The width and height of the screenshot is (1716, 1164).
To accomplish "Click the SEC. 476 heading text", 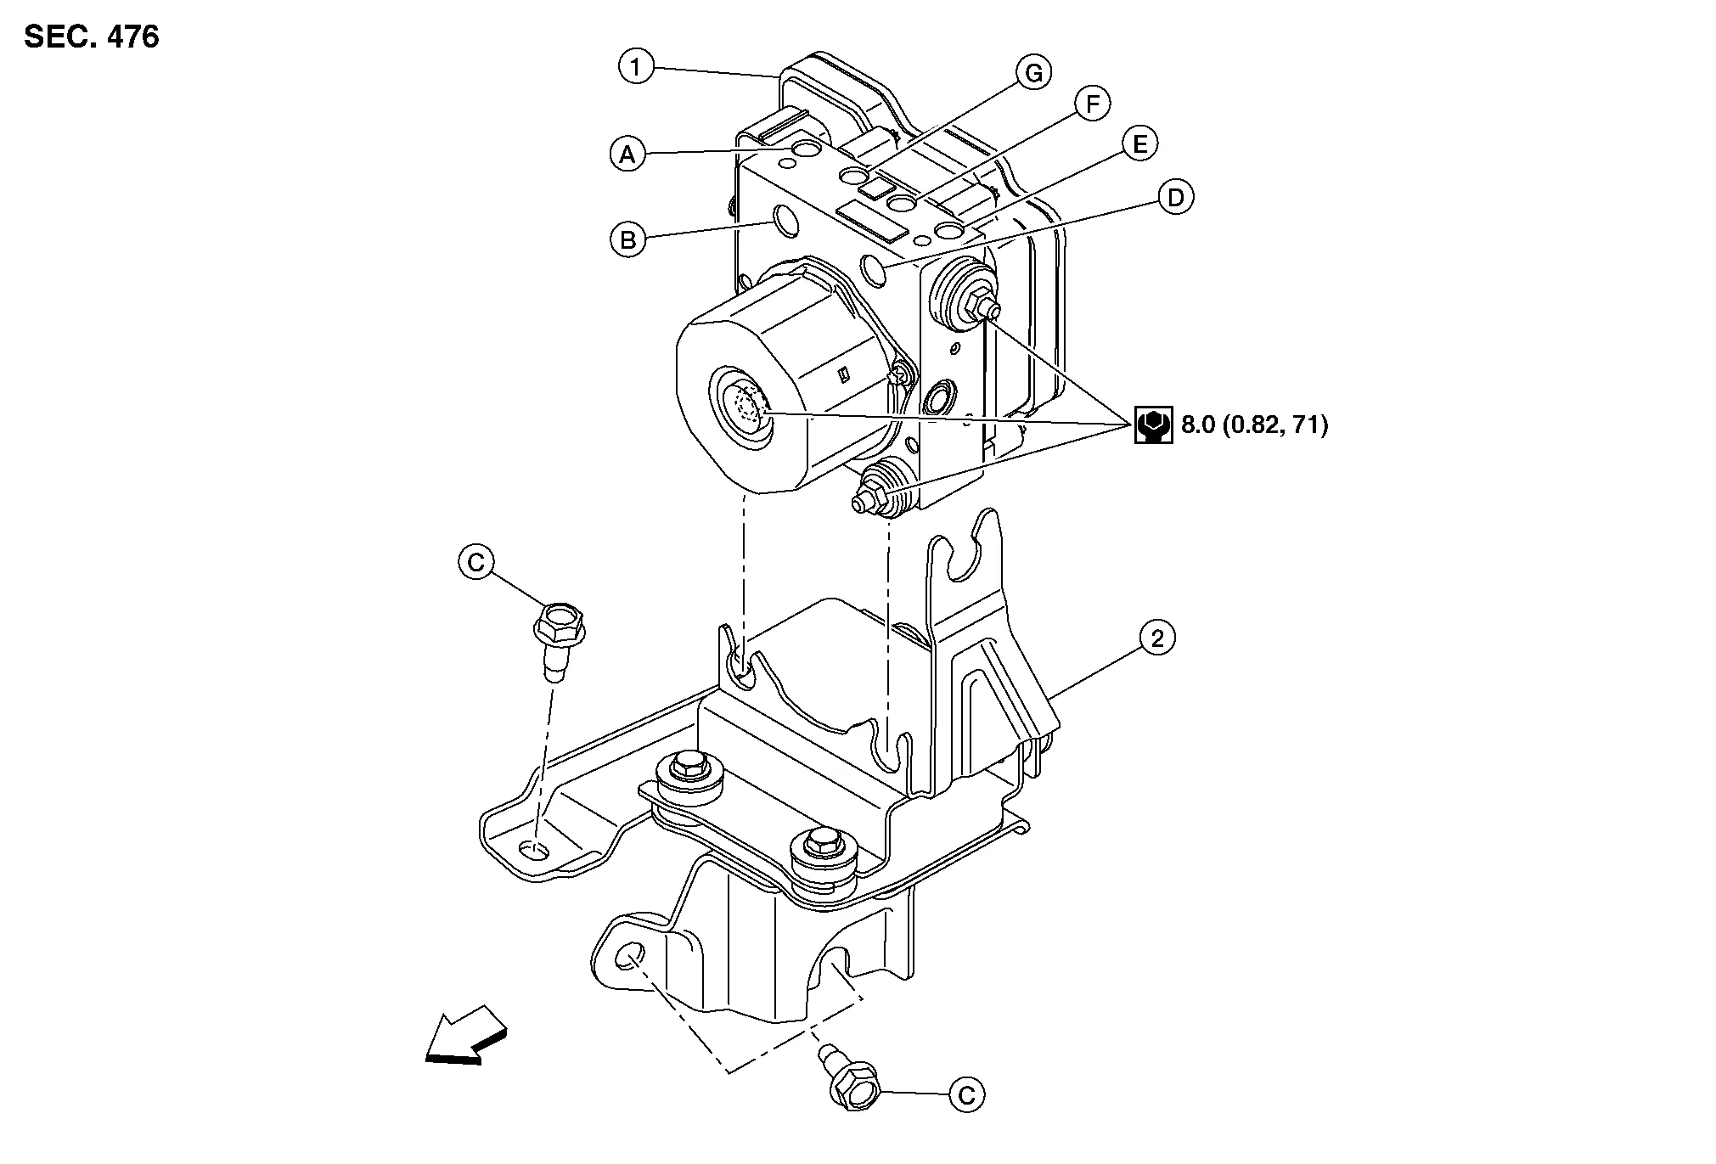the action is [x=92, y=37].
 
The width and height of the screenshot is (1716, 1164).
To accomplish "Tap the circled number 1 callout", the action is [x=636, y=65].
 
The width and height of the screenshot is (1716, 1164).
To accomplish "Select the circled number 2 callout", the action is [x=1157, y=638].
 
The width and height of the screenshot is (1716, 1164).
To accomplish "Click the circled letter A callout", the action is [x=627, y=155].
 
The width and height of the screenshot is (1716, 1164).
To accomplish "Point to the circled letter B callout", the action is [x=627, y=239].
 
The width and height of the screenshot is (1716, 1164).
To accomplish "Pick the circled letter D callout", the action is [x=1176, y=198].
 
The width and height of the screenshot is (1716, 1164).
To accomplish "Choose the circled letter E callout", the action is [x=1139, y=144].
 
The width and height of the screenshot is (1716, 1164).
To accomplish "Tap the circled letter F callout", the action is [x=1092, y=104].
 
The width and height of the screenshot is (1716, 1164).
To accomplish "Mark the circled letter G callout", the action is [x=1033, y=73].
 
